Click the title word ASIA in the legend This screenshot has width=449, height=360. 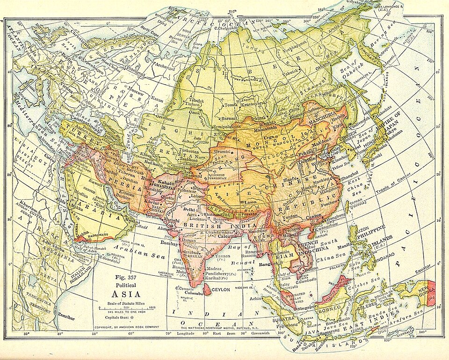click(124, 294)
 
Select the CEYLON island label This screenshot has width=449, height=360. click(222, 290)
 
